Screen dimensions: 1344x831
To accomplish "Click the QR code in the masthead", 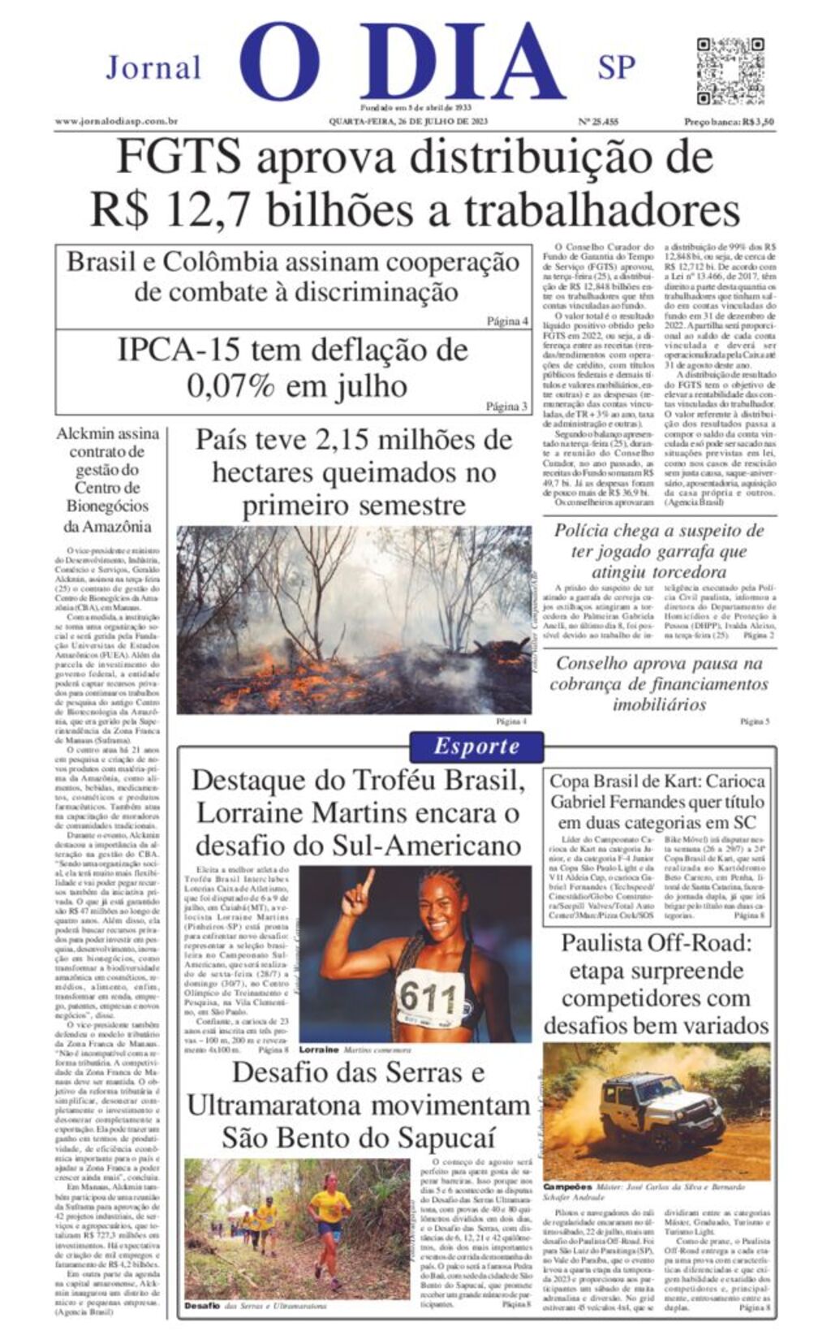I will click(x=730, y=71).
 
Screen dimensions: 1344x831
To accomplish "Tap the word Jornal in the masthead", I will click(x=153, y=68).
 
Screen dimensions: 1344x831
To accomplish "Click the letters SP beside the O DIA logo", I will click(x=616, y=68).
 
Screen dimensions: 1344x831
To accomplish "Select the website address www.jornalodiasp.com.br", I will click(x=117, y=122).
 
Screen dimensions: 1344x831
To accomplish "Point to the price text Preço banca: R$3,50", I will click(x=728, y=122).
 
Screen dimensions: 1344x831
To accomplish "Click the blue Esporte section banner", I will click(x=476, y=747).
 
